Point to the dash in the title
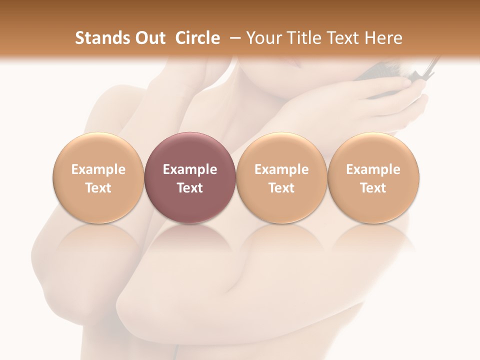click(233, 38)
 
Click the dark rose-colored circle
click(190, 177)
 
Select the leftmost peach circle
click(98, 177)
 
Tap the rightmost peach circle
click(373, 177)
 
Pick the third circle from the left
click(281, 177)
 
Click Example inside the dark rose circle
click(190, 169)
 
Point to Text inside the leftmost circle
click(98, 188)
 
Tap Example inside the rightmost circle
click(373, 169)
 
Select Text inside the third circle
click(281, 188)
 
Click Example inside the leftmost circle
click(98, 169)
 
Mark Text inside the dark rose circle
click(190, 188)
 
